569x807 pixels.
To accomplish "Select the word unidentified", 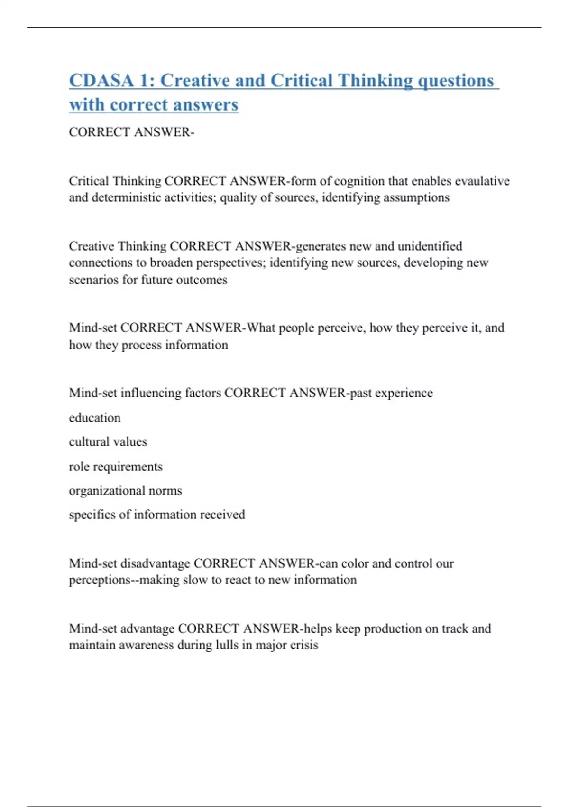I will (x=430, y=246).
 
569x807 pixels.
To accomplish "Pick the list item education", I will (x=95, y=418).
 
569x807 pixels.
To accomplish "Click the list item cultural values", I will (x=108, y=442).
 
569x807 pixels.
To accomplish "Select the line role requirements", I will (x=116, y=467).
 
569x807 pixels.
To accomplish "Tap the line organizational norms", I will (x=125, y=490).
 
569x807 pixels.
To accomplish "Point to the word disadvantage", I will (x=156, y=563).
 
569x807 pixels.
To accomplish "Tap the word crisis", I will (x=304, y=645).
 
